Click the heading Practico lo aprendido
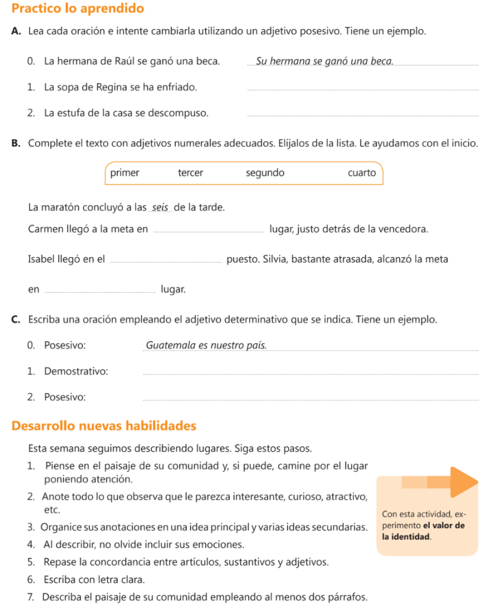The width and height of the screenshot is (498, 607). point(78,9)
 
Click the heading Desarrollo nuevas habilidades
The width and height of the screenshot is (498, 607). point(104,426)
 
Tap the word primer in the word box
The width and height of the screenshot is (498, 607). point(124,173)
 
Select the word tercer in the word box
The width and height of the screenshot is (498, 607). point(190,173)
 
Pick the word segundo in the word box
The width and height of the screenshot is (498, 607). point(265,173)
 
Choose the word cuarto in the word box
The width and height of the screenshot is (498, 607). point(362,173)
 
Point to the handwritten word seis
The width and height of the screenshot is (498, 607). point(161,207)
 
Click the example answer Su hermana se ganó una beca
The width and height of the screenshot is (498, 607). point(324,61)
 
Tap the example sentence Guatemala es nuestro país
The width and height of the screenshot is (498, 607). point(206,345)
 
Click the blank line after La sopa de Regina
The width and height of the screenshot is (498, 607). point(362,90)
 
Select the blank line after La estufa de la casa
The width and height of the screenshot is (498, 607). point(362,116)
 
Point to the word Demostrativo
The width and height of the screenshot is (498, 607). point(76,372)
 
